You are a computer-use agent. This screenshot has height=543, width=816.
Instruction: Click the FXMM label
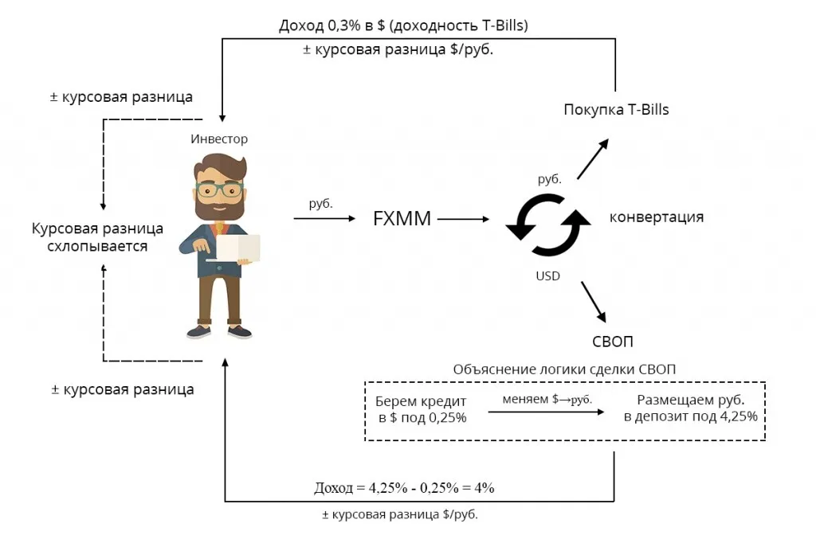(402, 218)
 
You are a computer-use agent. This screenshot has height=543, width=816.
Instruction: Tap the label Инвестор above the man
(219, 139)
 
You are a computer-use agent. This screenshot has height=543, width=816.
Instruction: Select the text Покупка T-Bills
(616, 110)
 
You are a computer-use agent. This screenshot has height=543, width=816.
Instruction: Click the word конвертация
(656, 217)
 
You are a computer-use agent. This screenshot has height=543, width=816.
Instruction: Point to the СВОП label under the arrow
(612, 342)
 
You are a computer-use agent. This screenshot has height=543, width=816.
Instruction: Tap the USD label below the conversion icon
(548, 276)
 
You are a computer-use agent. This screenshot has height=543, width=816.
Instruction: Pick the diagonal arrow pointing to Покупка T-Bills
(592, 158)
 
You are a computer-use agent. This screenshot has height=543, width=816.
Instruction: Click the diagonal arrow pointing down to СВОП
(592, 300)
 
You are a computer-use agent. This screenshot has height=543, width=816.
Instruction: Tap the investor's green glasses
(219, 189)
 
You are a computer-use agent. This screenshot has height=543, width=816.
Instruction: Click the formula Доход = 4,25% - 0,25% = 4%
(406, 487)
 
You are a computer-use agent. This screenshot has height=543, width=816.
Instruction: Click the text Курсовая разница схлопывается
(97, 237)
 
